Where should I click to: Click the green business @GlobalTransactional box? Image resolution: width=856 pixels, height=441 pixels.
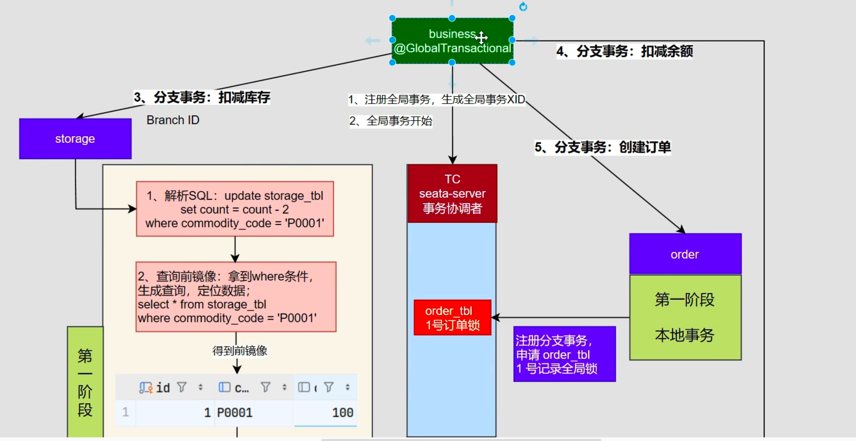point(452,41)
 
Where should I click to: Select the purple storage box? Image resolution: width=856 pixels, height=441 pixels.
point(75,139)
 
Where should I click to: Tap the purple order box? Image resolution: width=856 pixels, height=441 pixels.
point(685,254)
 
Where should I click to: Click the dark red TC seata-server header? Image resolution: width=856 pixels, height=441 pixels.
point(452,193)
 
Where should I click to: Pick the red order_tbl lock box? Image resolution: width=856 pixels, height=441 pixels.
point(452,317)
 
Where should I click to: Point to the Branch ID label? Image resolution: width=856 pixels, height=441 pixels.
point(173,120)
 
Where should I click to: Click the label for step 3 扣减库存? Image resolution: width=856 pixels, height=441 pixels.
point(202,97)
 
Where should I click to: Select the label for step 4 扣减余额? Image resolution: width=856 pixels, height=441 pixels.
point(624,51)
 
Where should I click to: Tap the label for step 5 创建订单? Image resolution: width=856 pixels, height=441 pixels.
point(602,147)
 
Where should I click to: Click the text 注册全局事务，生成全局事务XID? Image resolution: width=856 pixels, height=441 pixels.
point(436,99)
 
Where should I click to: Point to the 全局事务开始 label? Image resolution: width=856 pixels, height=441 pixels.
point(391,121)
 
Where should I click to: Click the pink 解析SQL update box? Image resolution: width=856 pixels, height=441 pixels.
point(235,209)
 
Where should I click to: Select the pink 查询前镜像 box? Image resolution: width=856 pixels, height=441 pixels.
point(236,297)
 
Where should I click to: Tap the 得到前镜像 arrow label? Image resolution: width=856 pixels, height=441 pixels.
point(240,351)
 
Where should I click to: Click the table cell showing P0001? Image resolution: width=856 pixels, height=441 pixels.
point(235,413)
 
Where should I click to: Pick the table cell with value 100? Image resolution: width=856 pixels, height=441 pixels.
point(342,413)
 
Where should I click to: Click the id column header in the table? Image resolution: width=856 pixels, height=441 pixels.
point(163,388)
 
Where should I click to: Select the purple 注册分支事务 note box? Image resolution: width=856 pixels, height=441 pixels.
point(564,354)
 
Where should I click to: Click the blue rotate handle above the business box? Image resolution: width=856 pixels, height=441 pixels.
point(523,7)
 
